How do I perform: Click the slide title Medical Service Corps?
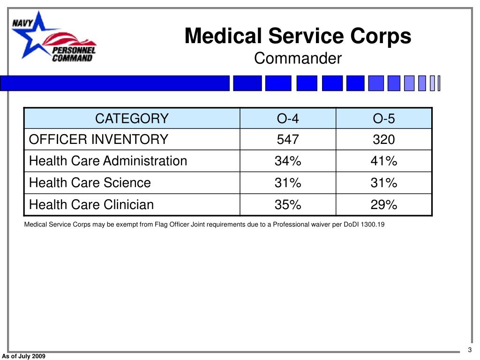(298, 36)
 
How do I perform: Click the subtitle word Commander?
(298, 59)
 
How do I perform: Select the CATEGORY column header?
(132, 119)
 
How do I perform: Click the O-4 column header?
(288, 119)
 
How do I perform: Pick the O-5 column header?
(384, 119)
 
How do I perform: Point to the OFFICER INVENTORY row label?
(98, 139)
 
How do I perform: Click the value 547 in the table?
(288, 139)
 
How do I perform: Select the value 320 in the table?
(384, 139)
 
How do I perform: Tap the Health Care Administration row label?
(108, 161)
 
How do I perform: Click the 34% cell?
(288, 161)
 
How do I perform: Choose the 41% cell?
(384, 161)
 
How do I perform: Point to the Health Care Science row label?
(90, 183)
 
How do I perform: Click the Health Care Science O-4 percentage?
(288, 183)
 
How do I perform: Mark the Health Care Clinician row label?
(91, 204)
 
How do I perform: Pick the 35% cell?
(288, 204)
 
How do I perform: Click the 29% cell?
(384, 204)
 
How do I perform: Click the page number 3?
(469, 350)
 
